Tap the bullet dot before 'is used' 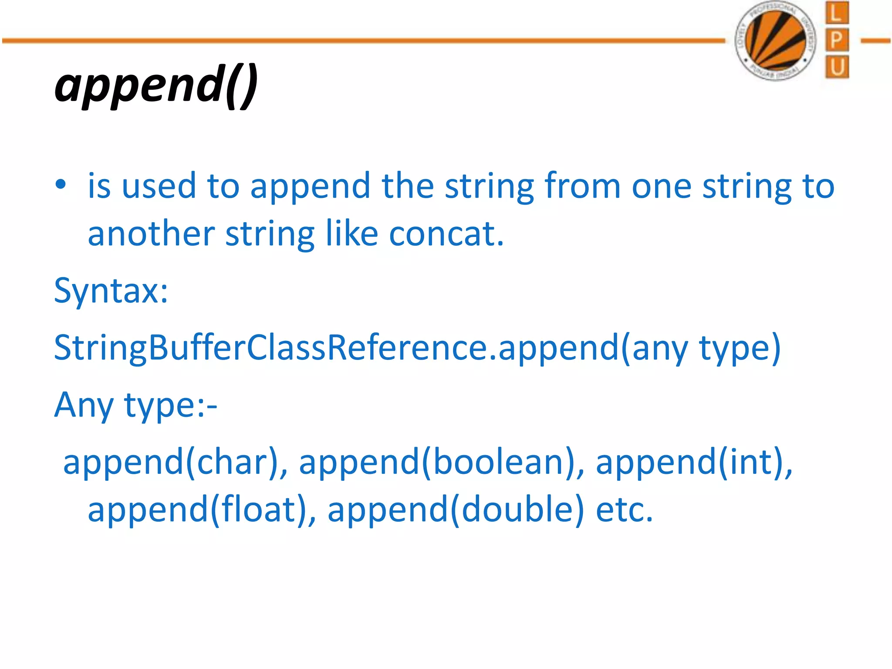[x=61, y=185]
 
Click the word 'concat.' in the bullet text [x=446, y=234]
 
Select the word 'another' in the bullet [x=151, y=234]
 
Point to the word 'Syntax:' [x=111, y=291]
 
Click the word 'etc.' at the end [x=624, y=510]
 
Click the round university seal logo [x=776, y=41]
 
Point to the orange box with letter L [x=837, y=13]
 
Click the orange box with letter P [x=837, y=41]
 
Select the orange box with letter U [x=837, y=68]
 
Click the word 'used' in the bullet [x=159, y=186]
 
